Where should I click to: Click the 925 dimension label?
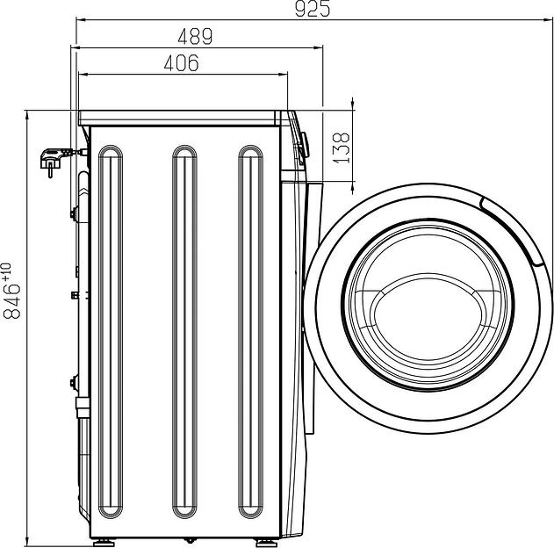[x=313, y=9]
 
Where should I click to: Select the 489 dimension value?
[x=195, y=36]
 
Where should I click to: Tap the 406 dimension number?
[x=181, y=63]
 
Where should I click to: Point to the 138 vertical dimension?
[x=342, y=148]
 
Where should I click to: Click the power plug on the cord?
[x=54, y=159]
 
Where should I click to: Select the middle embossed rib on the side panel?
[x=184, y=332]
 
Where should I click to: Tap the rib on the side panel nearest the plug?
[x=111, y=332]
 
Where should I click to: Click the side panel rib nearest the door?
[x=250, y=332]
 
